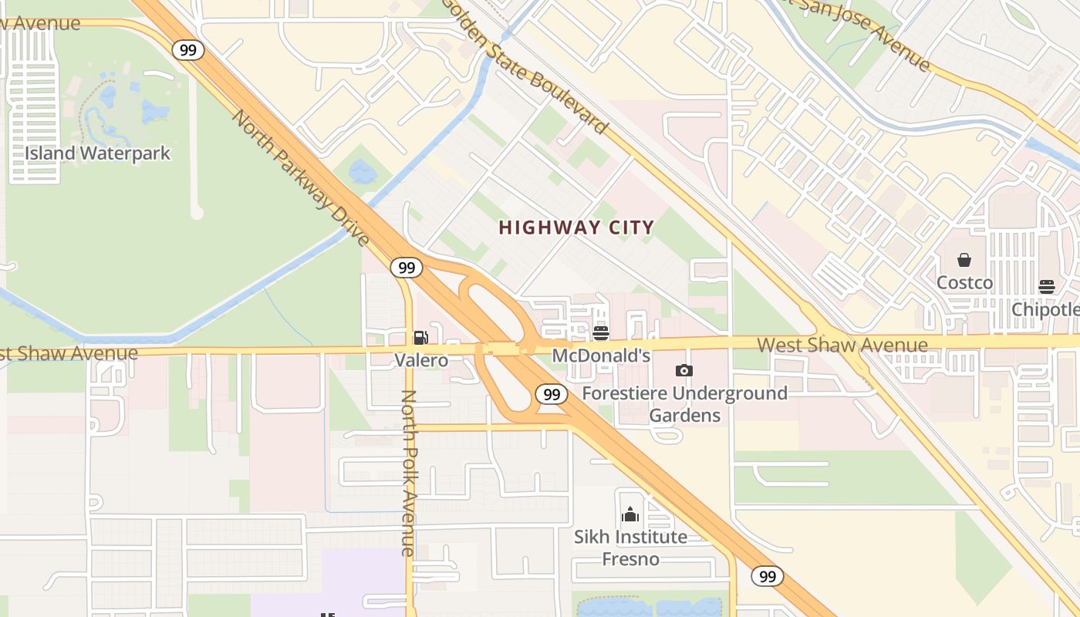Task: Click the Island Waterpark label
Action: (x=97, y=153)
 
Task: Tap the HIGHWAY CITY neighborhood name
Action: (x=576, y=228)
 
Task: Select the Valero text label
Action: (x=421, y=359)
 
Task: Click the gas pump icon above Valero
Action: (x=420, y=337)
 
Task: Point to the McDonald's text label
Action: (x=602, y=356)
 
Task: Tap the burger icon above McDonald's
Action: (x=601, y=333)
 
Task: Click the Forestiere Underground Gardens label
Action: (x=684, y=404)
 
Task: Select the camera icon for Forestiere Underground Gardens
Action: (x=683, y=371)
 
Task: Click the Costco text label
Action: (x=964, y=282)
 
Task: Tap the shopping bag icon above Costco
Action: (x=964, y=260)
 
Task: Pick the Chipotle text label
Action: (x=1046, y=308)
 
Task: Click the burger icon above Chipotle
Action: (x=1047, y=287)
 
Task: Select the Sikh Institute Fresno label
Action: (x=630, y=547)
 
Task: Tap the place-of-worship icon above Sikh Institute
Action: (x=630, y=514)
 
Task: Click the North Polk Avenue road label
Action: (x=408, y=472)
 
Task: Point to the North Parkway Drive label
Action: (x=301, y=178)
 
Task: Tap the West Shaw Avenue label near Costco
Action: (x=842, y=344)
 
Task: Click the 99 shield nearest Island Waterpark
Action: (x=187, y=51)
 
